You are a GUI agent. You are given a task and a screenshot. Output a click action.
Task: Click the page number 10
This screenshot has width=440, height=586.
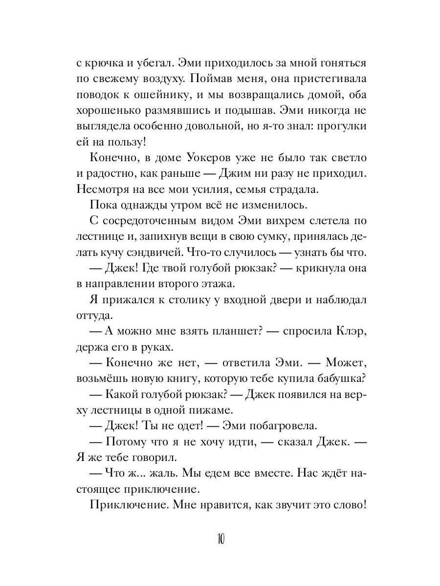click(x=220, y=539)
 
